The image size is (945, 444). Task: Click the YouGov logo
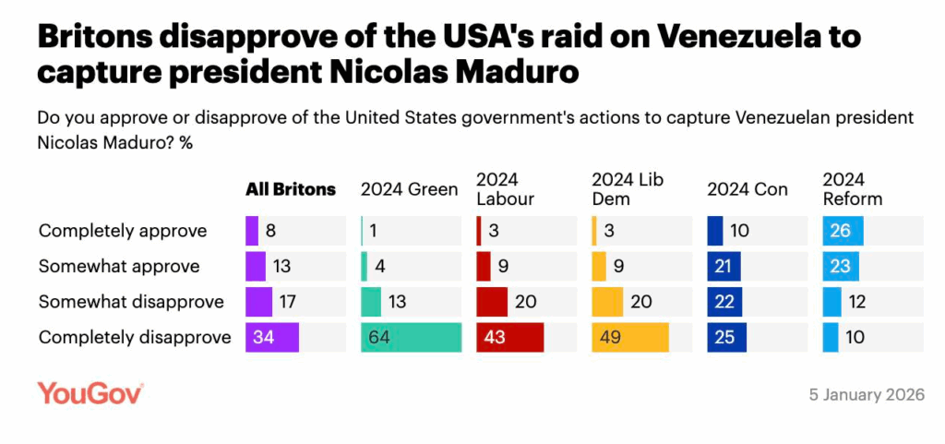click(90, 393)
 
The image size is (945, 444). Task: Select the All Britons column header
click(291, 189)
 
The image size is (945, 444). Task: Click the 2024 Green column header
click(409, 189)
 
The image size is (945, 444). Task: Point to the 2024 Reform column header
click(853, 189)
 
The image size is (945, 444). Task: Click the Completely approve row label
click(123, 231)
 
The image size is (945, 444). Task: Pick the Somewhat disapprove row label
click(131, 302)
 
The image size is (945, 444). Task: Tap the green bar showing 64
click(411, 337)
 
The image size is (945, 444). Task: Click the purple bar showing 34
click(272, 337)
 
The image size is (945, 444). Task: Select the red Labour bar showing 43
click(509, 337)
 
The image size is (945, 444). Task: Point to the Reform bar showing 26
click(843, 231)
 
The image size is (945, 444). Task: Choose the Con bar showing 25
click(724, 337)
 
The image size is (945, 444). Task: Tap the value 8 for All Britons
click(269, 231)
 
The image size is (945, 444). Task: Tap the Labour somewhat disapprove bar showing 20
click(492, 302)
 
